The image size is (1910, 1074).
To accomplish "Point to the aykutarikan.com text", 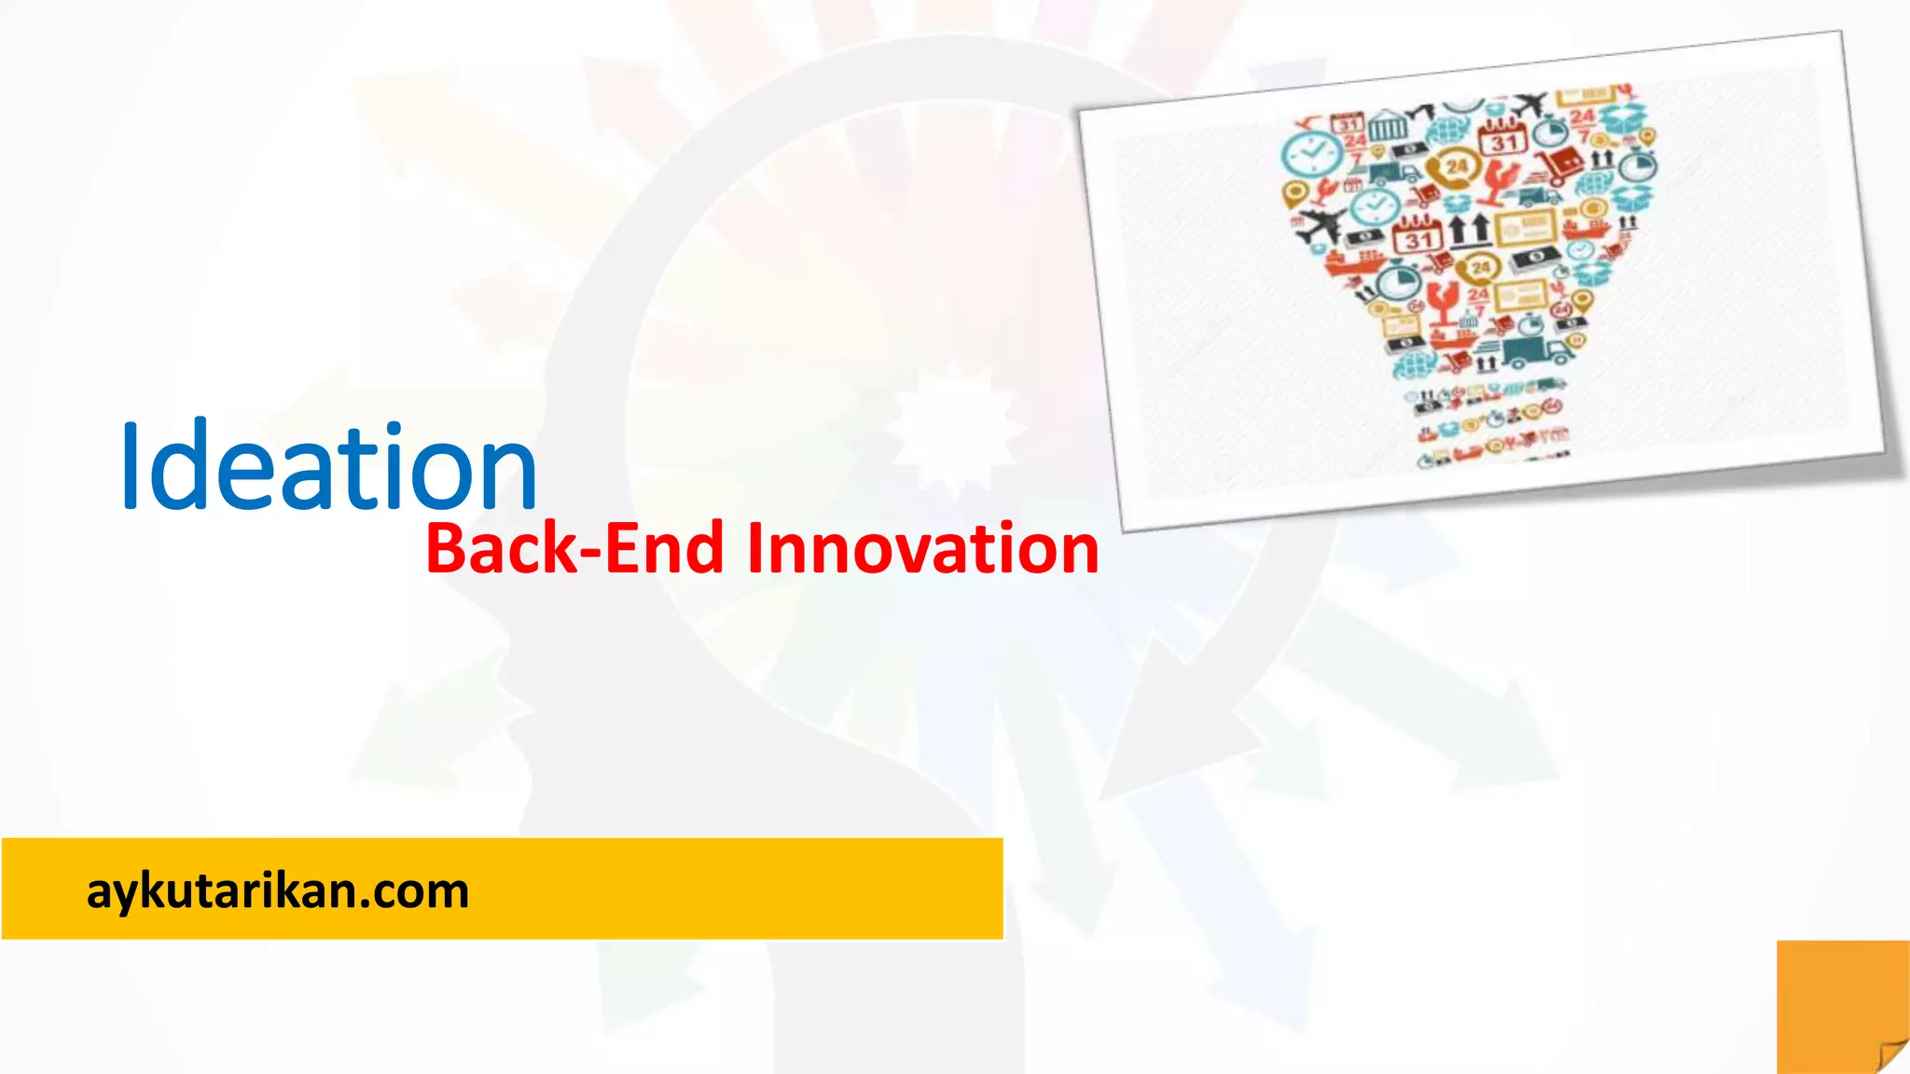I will [x=277, y=891].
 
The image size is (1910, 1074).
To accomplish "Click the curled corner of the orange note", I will [x=1891, y=1054].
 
